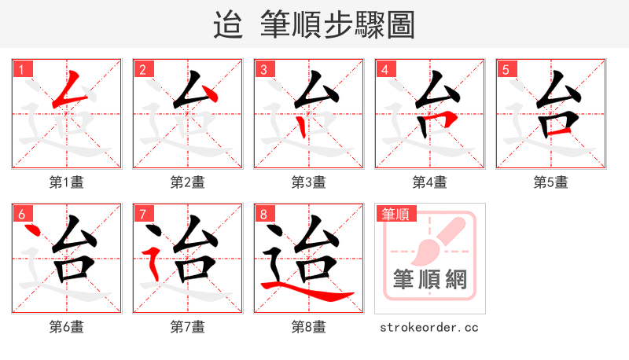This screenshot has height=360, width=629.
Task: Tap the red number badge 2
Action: click(142, 68)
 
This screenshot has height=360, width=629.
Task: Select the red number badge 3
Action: click(263, 68)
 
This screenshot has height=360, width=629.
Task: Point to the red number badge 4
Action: click(384, 68)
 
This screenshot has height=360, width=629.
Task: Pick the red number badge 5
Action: click(506, 68)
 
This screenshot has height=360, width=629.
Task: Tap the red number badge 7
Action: click(142, 213)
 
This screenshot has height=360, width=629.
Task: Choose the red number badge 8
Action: click(263, 213)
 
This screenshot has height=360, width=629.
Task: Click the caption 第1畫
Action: click(67, 182)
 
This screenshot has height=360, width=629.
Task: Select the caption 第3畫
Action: click(309, 182)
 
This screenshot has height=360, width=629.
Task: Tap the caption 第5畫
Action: click(551, 182)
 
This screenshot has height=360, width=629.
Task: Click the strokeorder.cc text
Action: click(429, 327)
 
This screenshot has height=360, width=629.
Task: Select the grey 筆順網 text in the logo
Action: click(430, 280)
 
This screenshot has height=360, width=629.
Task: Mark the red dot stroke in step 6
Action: click(32, 231)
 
